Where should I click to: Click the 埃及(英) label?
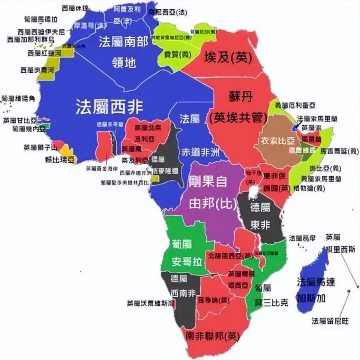click(228, 57)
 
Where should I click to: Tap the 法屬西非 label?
click(109, 106)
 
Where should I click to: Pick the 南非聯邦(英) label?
click(212, 336)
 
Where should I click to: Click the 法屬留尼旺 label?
click(330, 321)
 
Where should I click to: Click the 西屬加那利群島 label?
click(31, 39)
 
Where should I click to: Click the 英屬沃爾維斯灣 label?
click(150, 303)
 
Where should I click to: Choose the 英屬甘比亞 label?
click(20, 120)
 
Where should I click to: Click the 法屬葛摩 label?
click(302, 238)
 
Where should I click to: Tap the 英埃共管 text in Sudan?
click(237, 118)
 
